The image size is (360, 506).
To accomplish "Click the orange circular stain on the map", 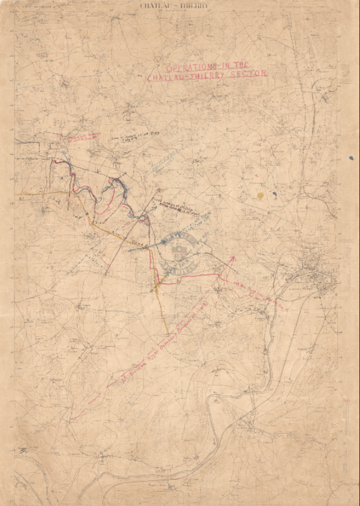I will pos(260,195).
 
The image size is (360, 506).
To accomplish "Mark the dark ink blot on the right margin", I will pos(351,158).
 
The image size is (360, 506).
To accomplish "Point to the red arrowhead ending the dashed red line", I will pos(232,259).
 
